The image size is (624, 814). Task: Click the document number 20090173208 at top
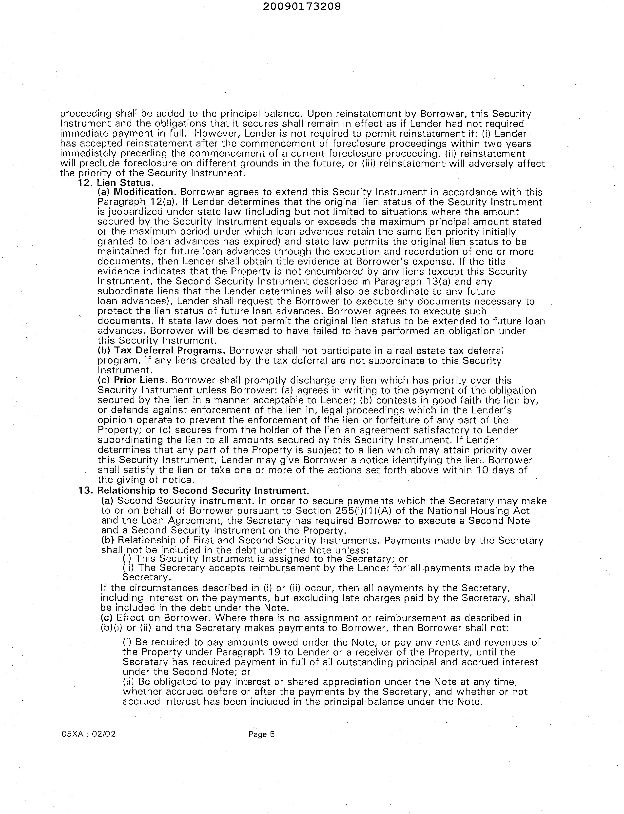tap(302, 6)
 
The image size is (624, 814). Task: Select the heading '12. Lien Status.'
tap(116, 183)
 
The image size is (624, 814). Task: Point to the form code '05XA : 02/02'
tap(89, 734)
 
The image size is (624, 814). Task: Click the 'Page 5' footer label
tap(262, 734)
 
